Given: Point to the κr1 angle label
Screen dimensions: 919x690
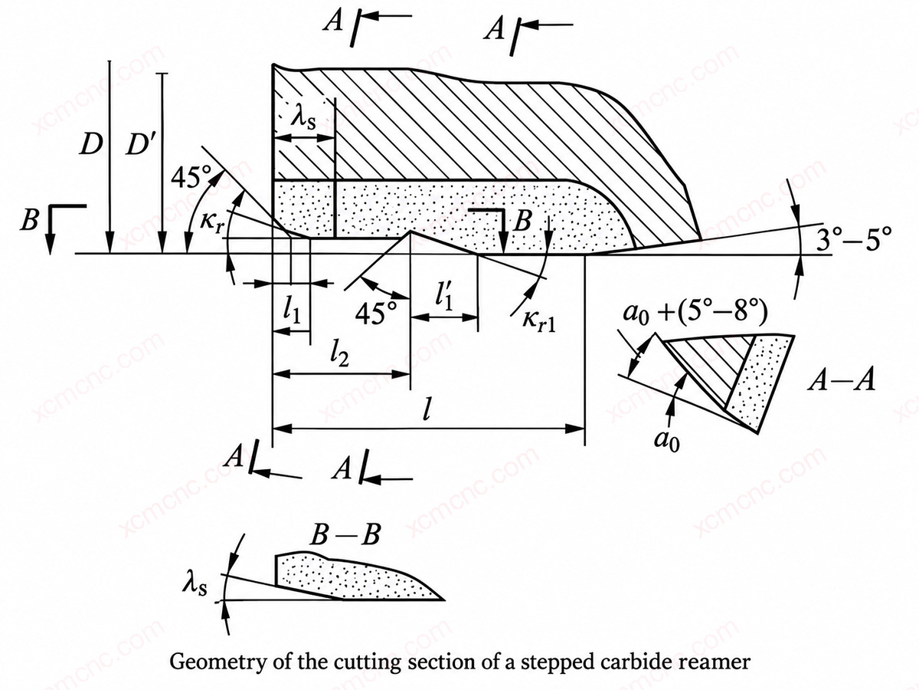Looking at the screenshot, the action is point(538,322).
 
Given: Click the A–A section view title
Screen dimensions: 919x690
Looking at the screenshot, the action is point(842,381).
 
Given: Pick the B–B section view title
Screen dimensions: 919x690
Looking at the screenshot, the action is point(345,534).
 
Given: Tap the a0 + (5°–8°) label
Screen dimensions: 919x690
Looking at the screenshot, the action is point(695,314).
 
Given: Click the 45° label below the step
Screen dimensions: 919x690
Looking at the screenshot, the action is point(376,314).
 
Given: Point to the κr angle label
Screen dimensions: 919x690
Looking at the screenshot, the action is point(212,222).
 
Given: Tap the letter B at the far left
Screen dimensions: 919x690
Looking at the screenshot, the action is point(29,219).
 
